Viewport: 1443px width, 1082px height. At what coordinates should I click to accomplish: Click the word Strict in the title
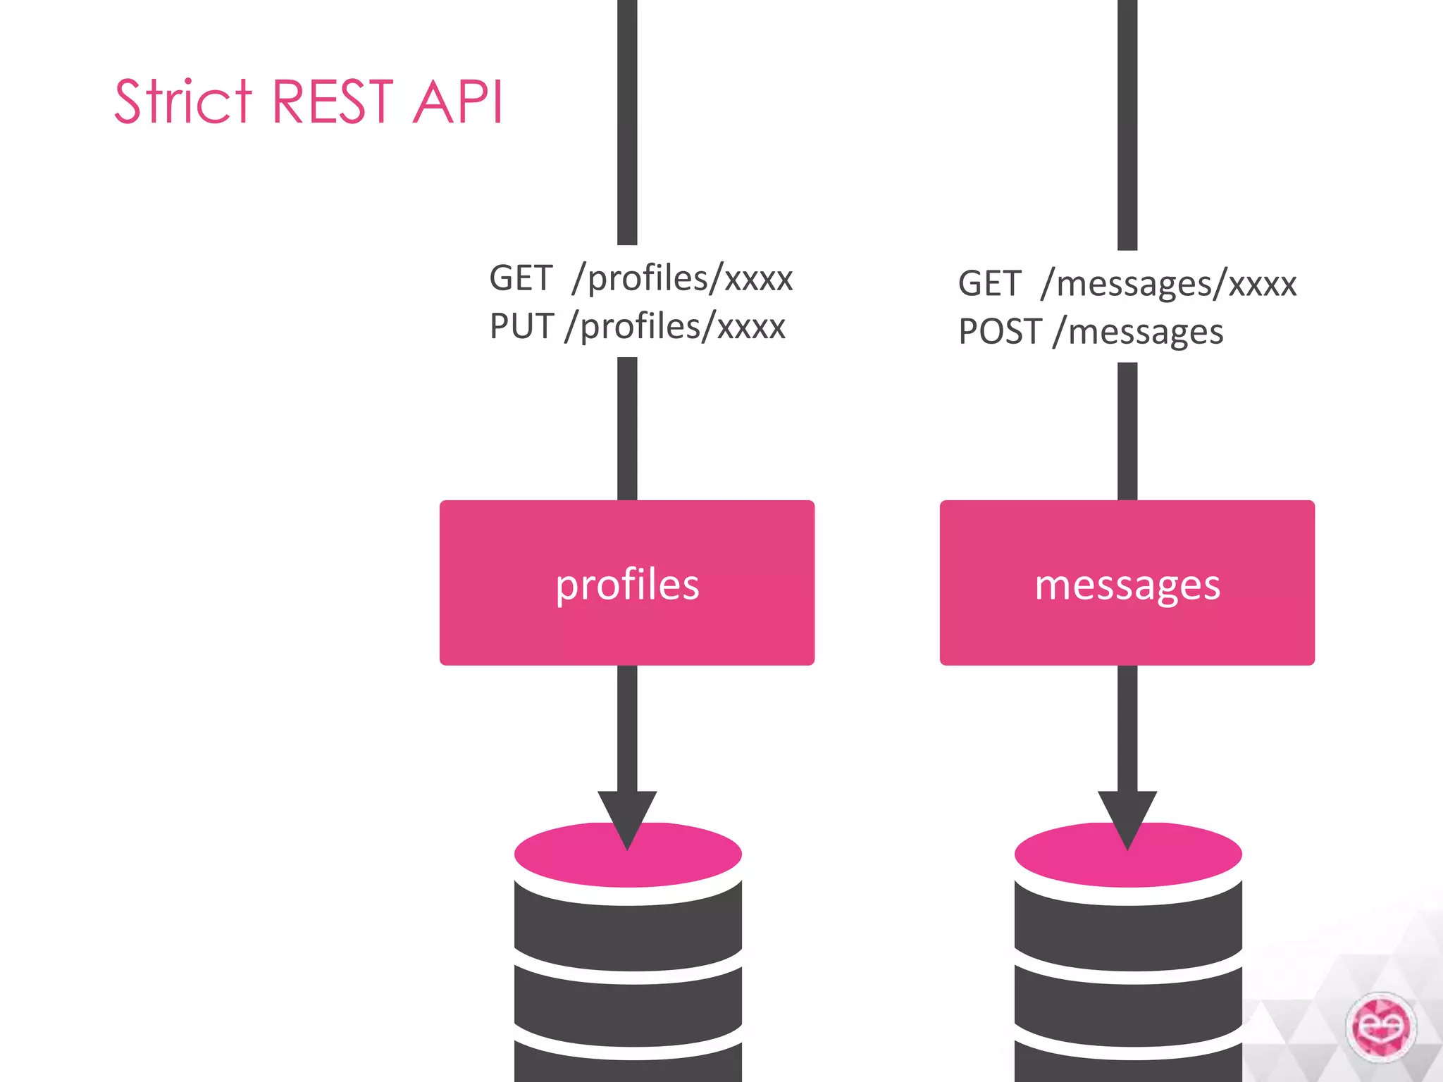(x=182, y=102)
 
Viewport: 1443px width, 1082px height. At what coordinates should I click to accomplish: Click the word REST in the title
(x=332, y=102)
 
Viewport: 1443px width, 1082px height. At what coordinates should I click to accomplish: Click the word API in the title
(x=458, y=102)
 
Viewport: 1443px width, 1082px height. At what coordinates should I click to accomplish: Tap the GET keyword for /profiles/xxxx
(x=521, y=278)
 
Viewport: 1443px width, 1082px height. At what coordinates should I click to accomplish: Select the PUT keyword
(x=521, y=327)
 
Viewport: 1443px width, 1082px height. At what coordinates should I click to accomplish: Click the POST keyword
(x=1000, y=332)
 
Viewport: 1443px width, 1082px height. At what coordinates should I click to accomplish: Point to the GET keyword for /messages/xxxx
(x=989, y=284)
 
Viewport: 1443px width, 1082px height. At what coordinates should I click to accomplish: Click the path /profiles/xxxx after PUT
(x=675, y=327)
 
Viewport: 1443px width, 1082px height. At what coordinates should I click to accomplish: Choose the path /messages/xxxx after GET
(x=1169, y=284)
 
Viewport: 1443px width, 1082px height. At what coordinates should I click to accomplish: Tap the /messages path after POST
(x=1139, y=332)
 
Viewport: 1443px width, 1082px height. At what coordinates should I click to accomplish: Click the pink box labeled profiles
(x=626, y=583)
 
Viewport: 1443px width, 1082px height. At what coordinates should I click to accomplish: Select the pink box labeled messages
(x=1127, y=583)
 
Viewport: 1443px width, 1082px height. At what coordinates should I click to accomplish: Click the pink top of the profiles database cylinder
(x=564, y=856)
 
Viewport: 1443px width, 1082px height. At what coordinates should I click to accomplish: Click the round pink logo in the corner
(x=1380, y=1027)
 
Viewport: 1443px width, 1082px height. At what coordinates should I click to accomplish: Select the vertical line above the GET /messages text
(x=1127, y=123)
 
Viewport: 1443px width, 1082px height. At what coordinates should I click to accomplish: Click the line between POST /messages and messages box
(x=1127, y=431)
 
